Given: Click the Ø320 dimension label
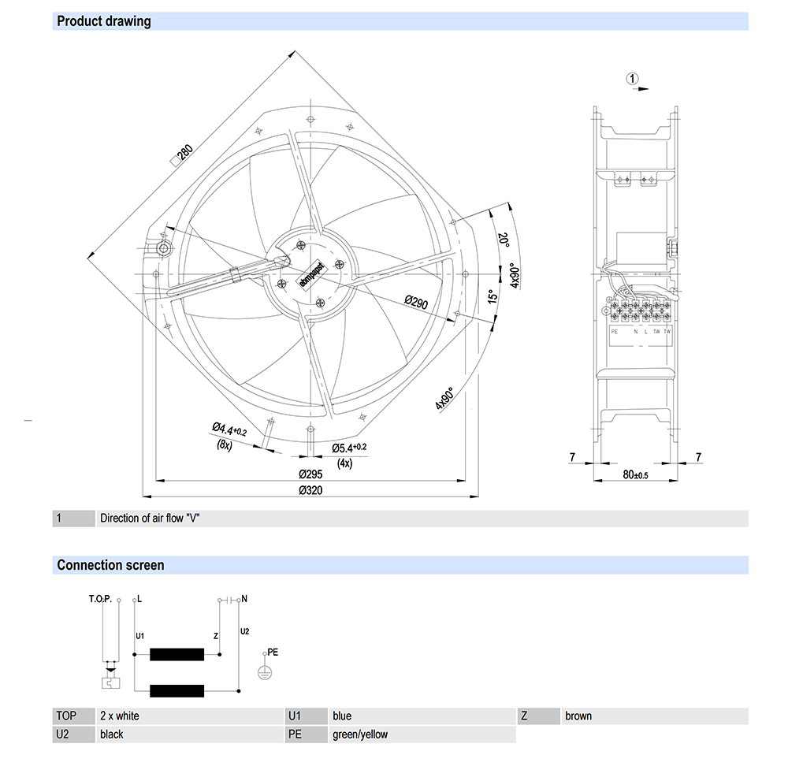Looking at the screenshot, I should [311, 490].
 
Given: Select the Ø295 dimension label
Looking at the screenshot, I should [311, 474].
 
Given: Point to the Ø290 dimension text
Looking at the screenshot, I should [415, 302].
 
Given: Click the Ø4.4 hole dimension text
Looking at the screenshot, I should [229, 430].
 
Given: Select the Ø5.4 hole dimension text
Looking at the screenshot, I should [347, 448].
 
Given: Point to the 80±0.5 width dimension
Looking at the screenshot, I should [635, 474].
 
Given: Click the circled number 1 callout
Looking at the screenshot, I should [631, 78].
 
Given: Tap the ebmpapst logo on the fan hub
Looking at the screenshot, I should [310, 271].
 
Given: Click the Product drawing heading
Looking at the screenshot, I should [104, 21].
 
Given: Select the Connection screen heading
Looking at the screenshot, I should [110, 565].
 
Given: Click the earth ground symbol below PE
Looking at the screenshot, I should [265, 671].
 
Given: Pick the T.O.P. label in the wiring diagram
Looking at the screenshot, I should [100, 599].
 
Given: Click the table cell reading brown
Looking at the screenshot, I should [578, 716].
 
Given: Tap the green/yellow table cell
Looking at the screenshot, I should [360, 734].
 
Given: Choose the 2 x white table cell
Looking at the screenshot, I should [120, 716].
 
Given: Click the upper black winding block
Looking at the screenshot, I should [177, 653].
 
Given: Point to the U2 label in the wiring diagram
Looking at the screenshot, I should [244, 632].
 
